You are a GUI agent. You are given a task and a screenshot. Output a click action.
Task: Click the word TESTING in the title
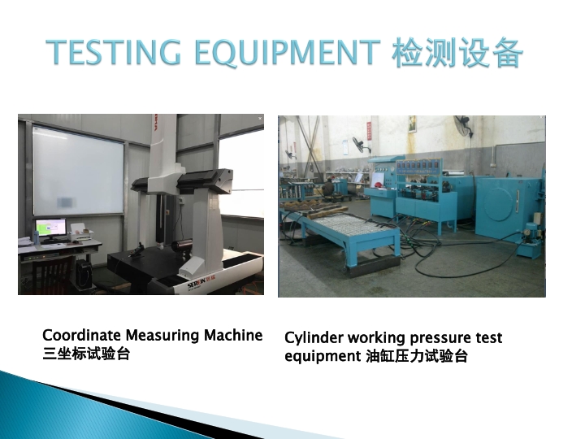point(114,52)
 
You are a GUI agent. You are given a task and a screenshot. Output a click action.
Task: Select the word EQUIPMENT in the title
point(288,52)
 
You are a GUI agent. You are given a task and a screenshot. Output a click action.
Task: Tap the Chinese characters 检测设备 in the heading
point(457,52)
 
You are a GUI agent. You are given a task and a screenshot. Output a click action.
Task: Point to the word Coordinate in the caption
point(82,335)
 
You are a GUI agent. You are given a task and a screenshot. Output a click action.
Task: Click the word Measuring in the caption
point(162,336)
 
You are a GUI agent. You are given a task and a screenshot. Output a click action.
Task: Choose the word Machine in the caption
point(233,335)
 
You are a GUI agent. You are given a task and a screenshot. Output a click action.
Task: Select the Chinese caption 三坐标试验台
point(86,354)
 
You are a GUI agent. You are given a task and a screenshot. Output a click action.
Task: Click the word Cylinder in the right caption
point(314,338)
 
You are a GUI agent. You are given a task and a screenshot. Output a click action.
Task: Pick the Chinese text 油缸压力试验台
point(416,356)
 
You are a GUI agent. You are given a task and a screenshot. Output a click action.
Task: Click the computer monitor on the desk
point(50,228)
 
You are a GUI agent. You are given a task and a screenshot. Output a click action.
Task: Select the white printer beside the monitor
point(80,233)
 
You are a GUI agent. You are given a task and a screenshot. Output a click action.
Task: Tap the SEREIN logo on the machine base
point(201,285)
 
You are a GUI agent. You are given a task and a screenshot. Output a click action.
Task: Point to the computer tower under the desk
point(84,275)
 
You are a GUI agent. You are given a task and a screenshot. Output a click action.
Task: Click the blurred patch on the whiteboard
point(65,202)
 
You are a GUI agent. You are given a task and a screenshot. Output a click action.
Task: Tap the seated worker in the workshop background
point(328,188)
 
